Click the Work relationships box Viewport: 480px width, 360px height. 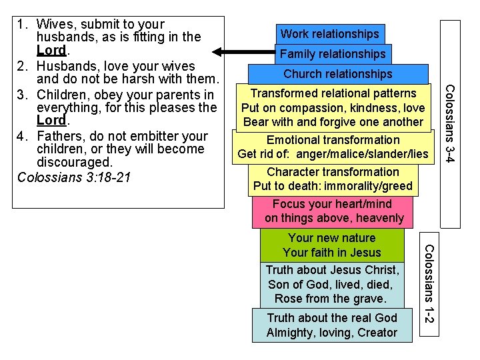click(329, 34)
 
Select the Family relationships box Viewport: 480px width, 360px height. click(333, 54)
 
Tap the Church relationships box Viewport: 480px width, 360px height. click(337, 74)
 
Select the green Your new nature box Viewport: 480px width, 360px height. click(332, 245)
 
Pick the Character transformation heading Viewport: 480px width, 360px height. click(333, 172)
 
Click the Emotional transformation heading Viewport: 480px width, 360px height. click(333, 140)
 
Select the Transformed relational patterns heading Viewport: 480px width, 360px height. click(333, 94)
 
